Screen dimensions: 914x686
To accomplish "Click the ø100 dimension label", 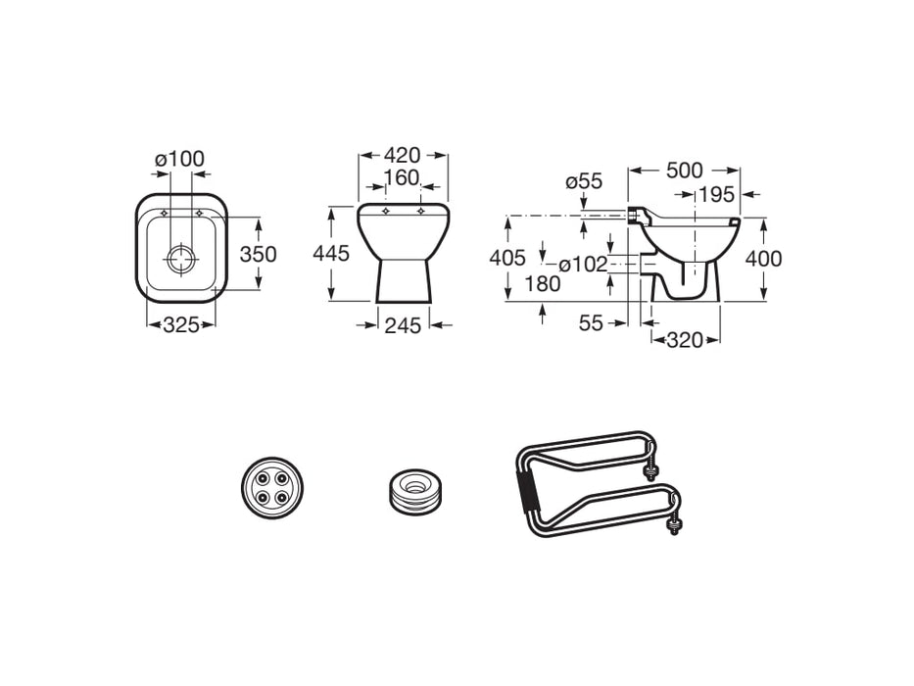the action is tap(179, 159).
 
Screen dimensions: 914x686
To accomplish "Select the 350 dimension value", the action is tap(259, 255).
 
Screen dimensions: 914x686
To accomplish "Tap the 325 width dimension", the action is tap(181, 325).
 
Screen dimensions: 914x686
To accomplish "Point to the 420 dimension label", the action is tap(403, 155).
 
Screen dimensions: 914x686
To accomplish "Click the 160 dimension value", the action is tap(403, 177).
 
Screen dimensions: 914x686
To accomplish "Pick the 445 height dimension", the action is tap(331, 254).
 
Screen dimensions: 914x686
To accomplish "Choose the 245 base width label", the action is tap(403, 325).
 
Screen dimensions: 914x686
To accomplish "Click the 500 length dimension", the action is tap(685, 171).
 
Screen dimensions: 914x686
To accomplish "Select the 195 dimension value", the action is tap(716, 195).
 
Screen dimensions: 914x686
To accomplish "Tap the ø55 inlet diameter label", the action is tap(584, 181).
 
